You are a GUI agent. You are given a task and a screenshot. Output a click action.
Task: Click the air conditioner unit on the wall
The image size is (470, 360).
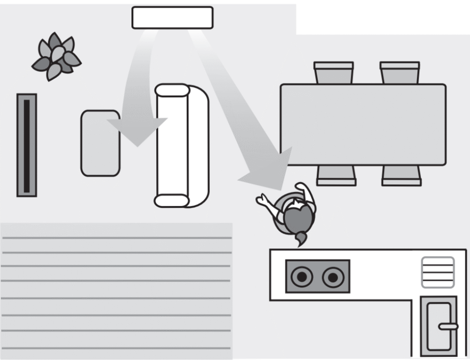(172, 18)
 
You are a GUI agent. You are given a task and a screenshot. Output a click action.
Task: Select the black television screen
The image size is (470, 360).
(27, 145)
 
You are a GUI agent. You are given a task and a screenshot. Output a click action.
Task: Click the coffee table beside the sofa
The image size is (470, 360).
(100, 143)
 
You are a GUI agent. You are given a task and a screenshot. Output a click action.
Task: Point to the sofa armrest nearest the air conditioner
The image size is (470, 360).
(172, 90)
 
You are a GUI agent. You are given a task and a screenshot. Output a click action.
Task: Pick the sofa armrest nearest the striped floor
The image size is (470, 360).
(172, 201)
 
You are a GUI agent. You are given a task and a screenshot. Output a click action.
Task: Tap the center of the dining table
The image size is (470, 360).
(363, 124)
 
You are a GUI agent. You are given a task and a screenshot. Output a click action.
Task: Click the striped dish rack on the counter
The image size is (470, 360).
(438, 272)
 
